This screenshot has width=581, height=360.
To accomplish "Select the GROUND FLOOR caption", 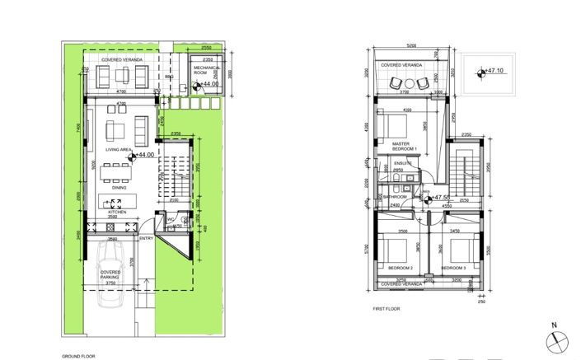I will (79, 356).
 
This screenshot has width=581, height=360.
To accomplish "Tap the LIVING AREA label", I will (120, 150).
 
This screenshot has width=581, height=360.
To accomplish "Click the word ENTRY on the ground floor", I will (147, 239).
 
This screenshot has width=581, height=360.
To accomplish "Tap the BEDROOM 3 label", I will (453, 269).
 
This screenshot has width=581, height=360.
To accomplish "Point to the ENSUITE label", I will (403, 163).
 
